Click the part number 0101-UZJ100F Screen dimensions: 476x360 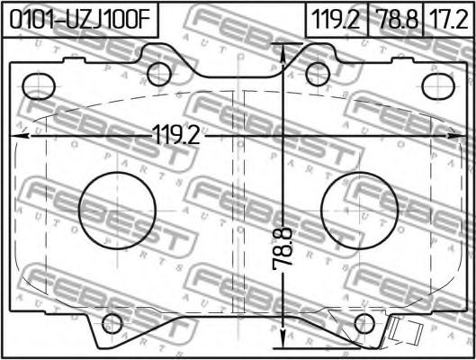click(x=80, y=20)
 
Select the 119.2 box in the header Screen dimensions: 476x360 click(x=337, y=20)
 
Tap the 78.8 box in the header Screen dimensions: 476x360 click(x=395, y=20)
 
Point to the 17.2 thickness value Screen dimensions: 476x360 click(x=449, y=20)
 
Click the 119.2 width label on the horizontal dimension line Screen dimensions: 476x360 click(x=177, y=135)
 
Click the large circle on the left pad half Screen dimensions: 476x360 click(x=117, y=211)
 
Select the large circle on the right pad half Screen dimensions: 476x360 click(x=359, y=211)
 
